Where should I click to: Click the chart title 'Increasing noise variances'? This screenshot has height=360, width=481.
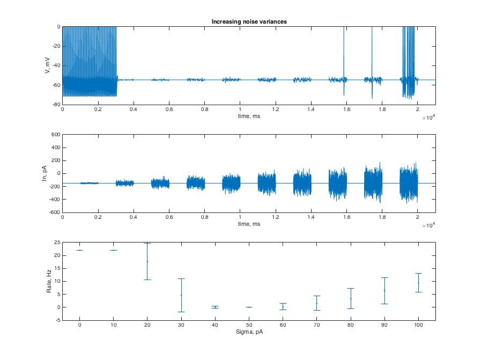click(x=248, y=21)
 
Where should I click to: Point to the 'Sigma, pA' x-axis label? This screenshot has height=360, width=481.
click(x=248, y=332)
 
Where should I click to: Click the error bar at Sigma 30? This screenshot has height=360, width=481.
click(x=181, y=295)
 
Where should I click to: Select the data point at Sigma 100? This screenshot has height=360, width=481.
click(x=418, y=282)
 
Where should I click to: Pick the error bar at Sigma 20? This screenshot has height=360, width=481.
click(x=147, y=261)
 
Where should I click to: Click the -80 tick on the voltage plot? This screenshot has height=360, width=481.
click(x=56, y=105)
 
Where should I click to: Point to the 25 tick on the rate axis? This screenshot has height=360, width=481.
click(x=56, y=243)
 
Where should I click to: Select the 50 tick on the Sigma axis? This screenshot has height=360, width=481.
click(x=249, y=325)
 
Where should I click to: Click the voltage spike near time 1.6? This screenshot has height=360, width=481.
click(x=343, y=54)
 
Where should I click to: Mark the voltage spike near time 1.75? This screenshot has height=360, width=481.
click(x=372, y=54)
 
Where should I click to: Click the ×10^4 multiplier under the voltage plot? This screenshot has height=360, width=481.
click(x=428, y=117)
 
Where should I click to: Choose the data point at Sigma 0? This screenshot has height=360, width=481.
click(x=79, y=250)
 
